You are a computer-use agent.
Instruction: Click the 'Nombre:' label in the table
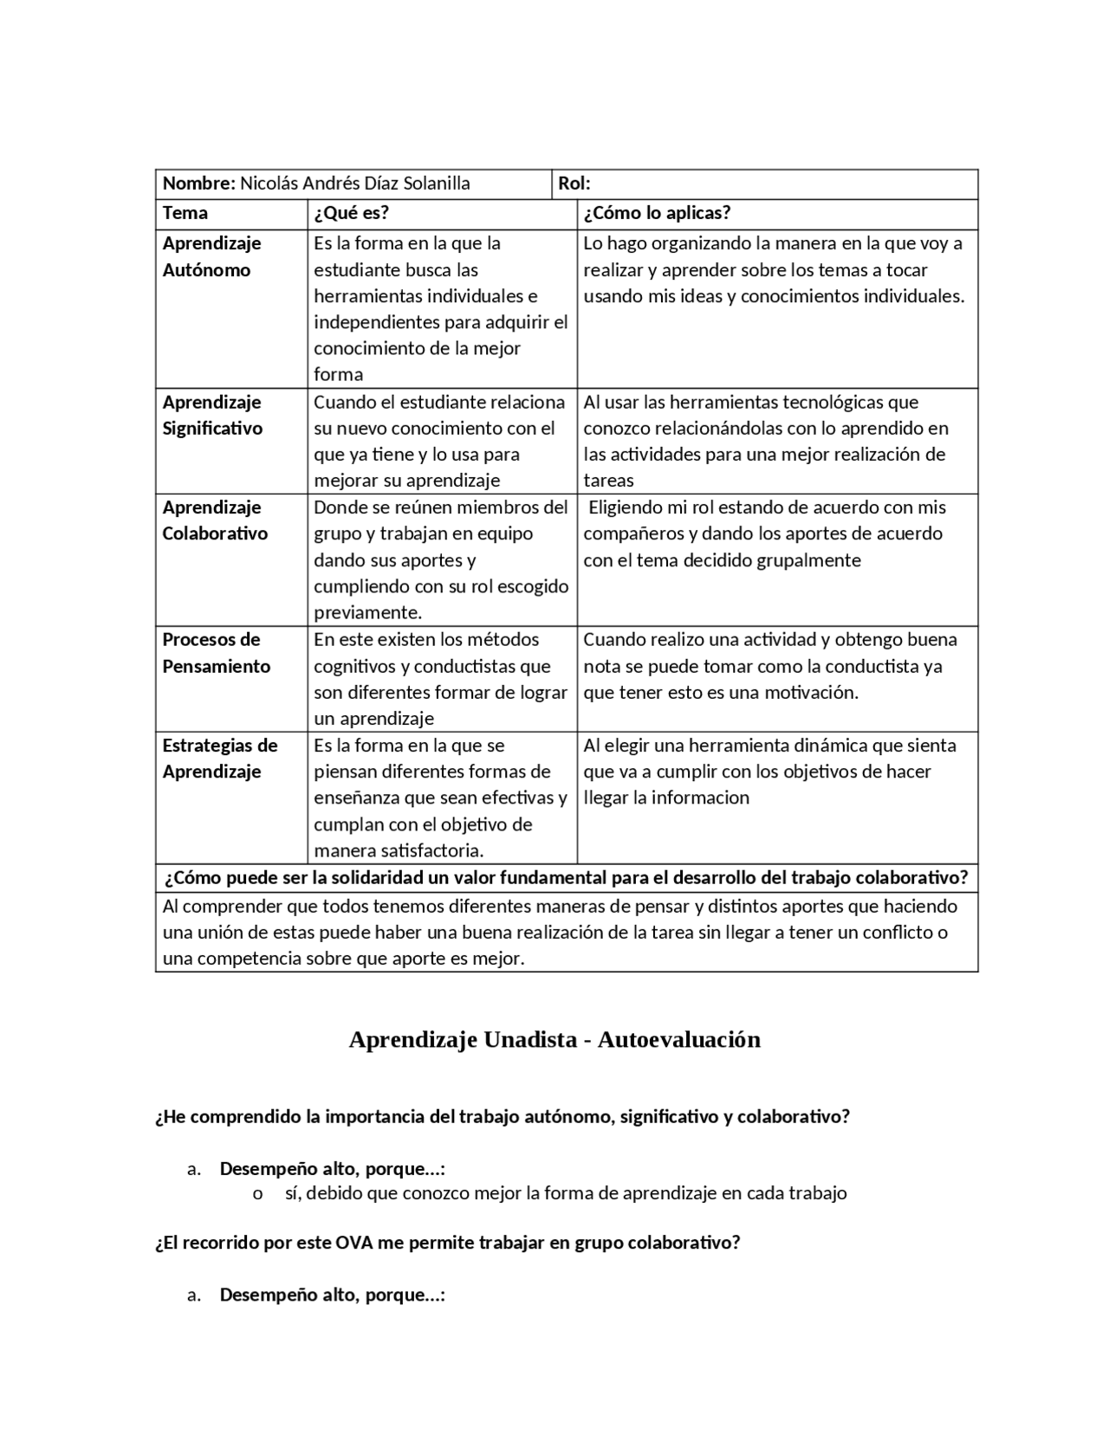198,184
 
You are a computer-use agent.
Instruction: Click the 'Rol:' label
574,184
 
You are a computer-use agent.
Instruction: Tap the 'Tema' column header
185,213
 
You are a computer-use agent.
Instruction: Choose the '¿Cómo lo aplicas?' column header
657,213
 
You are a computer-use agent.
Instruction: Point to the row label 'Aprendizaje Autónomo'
211,256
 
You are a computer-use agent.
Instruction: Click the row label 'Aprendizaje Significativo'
211,415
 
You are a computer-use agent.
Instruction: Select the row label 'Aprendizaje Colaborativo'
214,520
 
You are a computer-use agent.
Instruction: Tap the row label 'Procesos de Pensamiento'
216,653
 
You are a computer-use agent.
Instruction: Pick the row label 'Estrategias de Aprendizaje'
219,759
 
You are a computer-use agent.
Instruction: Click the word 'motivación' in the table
811,693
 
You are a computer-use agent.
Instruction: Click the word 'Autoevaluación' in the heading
678,1040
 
